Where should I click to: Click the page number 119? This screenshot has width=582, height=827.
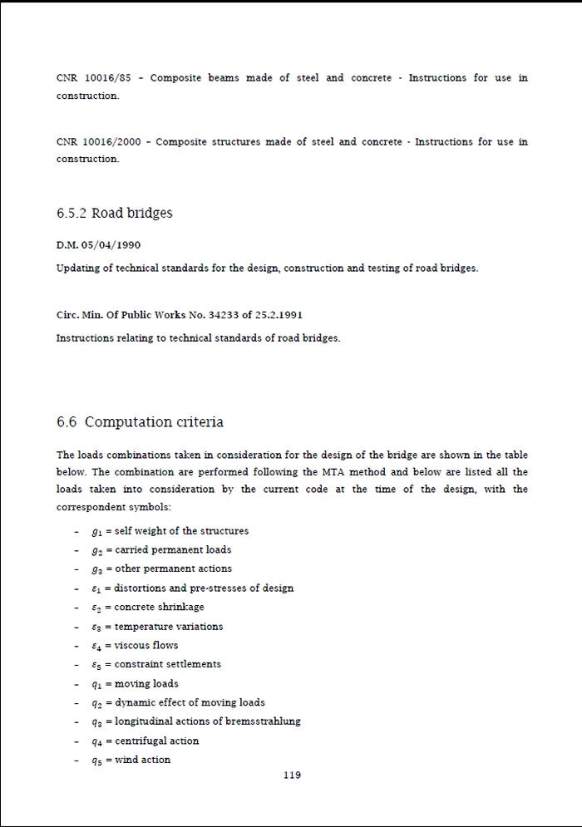coord(292,775)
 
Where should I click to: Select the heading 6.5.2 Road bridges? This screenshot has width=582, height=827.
coord(115,213)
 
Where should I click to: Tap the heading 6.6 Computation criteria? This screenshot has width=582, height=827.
coord(140,422)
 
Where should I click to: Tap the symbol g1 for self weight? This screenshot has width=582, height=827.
coord(96,531)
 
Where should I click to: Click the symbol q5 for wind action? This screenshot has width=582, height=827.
coord(96,761)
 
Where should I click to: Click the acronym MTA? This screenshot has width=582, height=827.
coord(333,472)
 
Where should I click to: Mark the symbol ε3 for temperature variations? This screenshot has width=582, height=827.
coord(96,627)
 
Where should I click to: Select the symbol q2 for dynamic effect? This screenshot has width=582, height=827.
coord(96,703)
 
